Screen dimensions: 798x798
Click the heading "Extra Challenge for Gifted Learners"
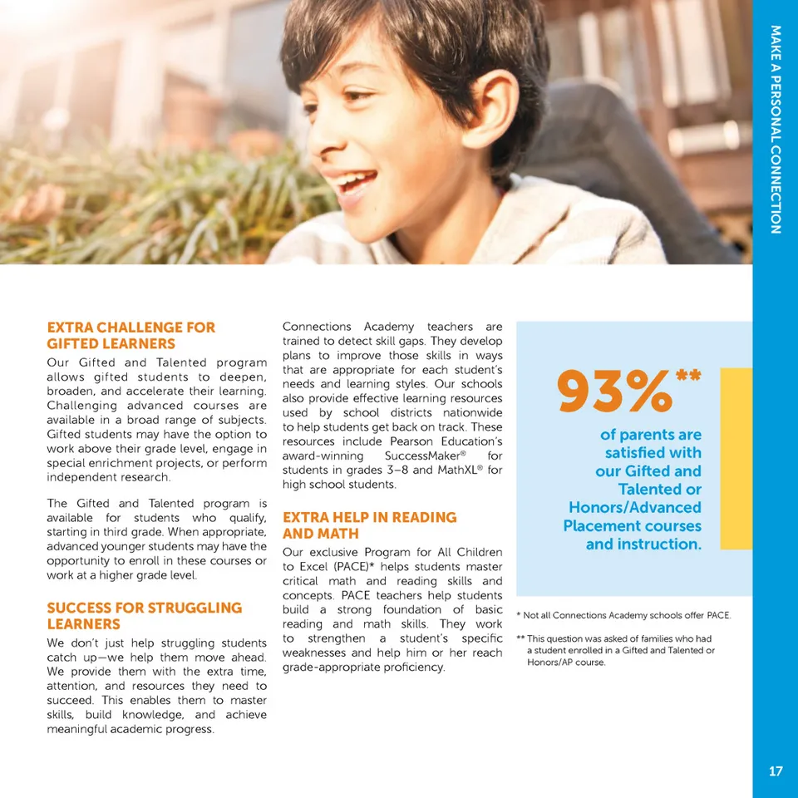point(131,335)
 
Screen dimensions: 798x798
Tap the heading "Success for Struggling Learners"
point(144,616)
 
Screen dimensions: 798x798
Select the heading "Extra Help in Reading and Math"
point(369,525)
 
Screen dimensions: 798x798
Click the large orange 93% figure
point(614,392)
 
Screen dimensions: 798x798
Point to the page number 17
point(775,771)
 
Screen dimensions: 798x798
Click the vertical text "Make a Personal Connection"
point(776,129)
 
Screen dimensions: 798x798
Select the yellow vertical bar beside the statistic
point(736,458)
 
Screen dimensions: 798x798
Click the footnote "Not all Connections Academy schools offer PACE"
point(623,615)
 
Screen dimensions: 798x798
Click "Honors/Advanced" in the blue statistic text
point(634,507)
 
